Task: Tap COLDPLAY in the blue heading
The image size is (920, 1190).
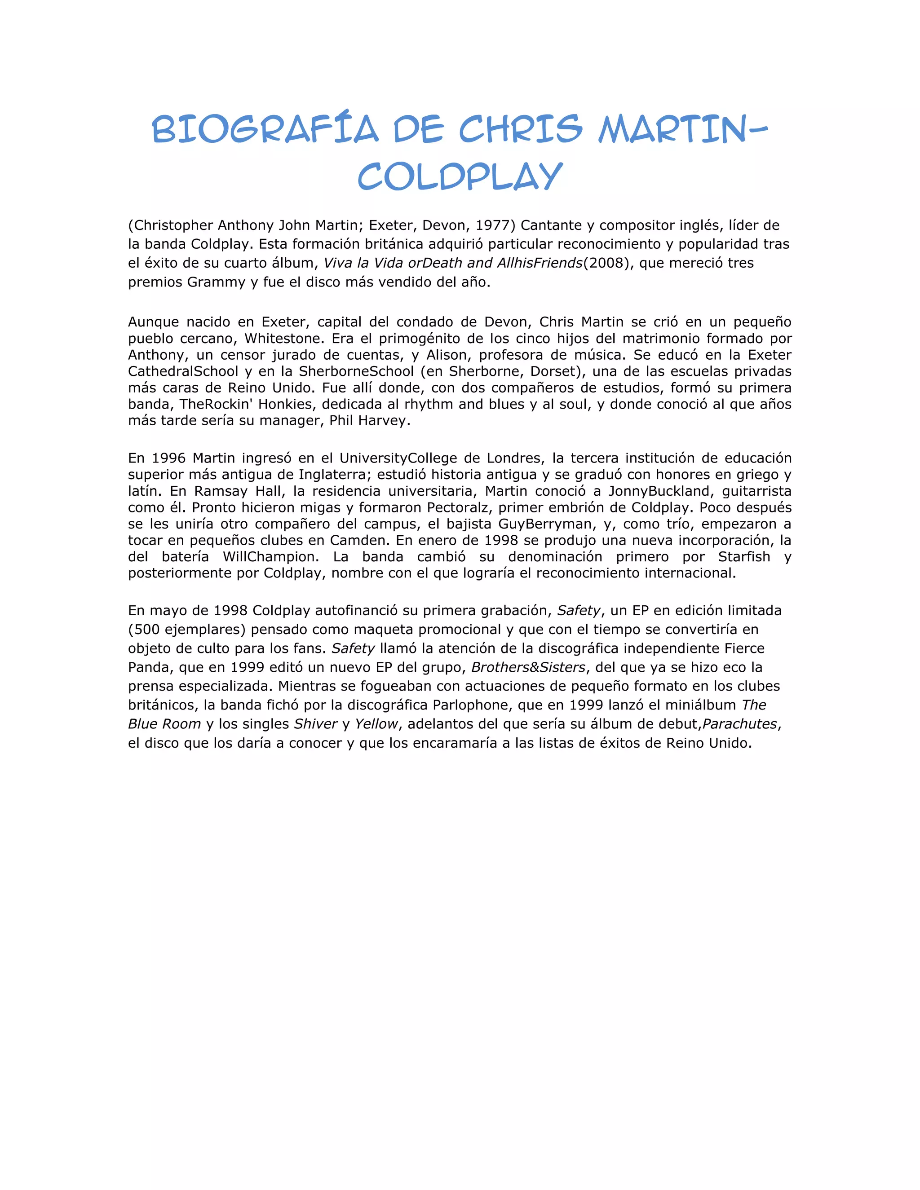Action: click(x=460, y=176)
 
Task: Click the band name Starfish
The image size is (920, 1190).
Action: click(x=743, y=556)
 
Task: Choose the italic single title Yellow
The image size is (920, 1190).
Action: click(x=376, y=724)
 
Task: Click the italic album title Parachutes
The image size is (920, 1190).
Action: click(x=739, y=724)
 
